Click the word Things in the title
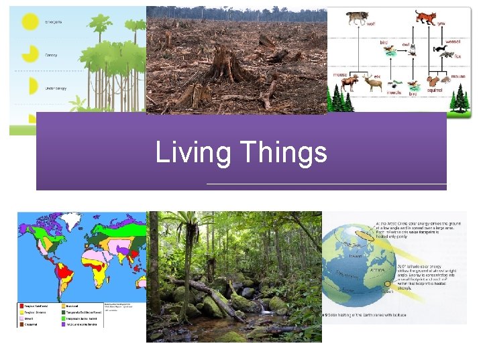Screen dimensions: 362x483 (x=282, y=153)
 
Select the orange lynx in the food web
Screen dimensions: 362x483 (x=425, y=16)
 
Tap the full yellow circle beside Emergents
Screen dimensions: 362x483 (x=30, y=21)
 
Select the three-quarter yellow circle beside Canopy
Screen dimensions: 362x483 (x=30, y=54)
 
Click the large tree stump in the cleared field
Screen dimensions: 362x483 (x=228, y=67)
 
